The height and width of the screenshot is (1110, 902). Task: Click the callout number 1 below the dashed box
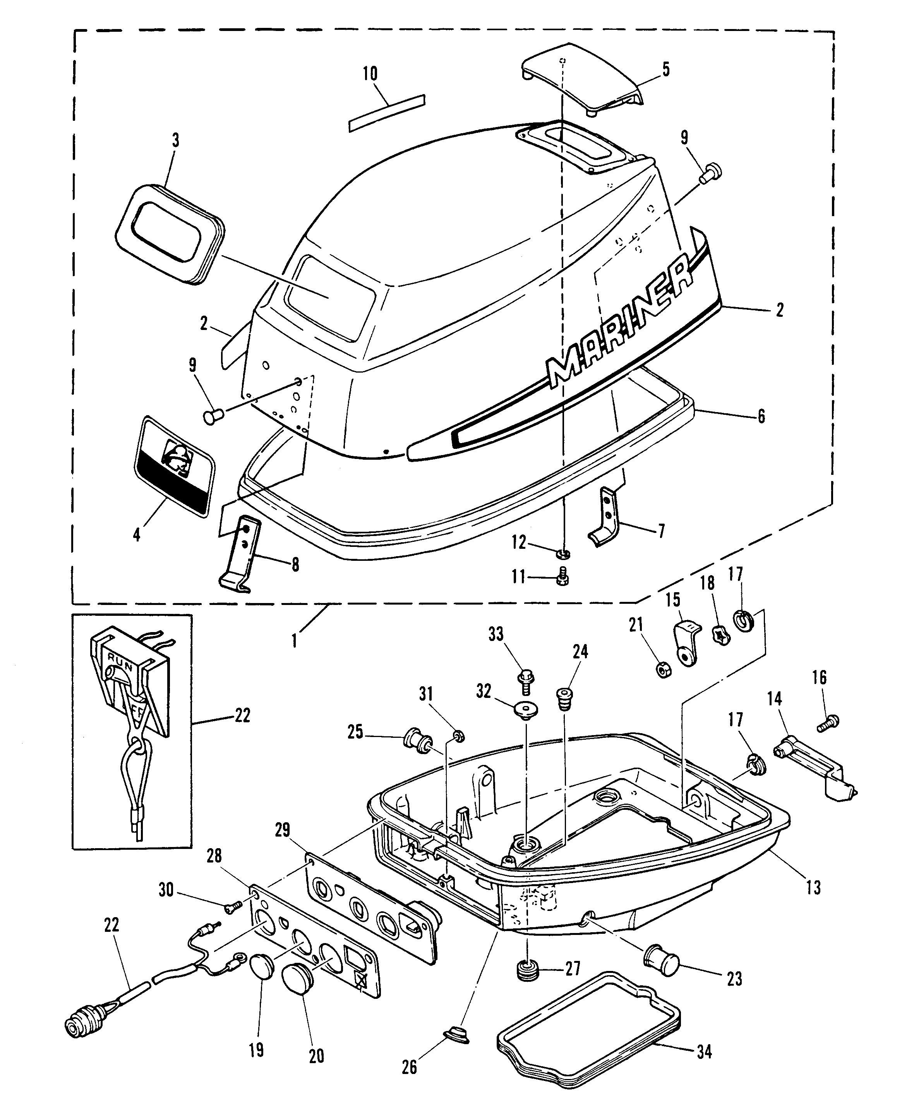point(294,641)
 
